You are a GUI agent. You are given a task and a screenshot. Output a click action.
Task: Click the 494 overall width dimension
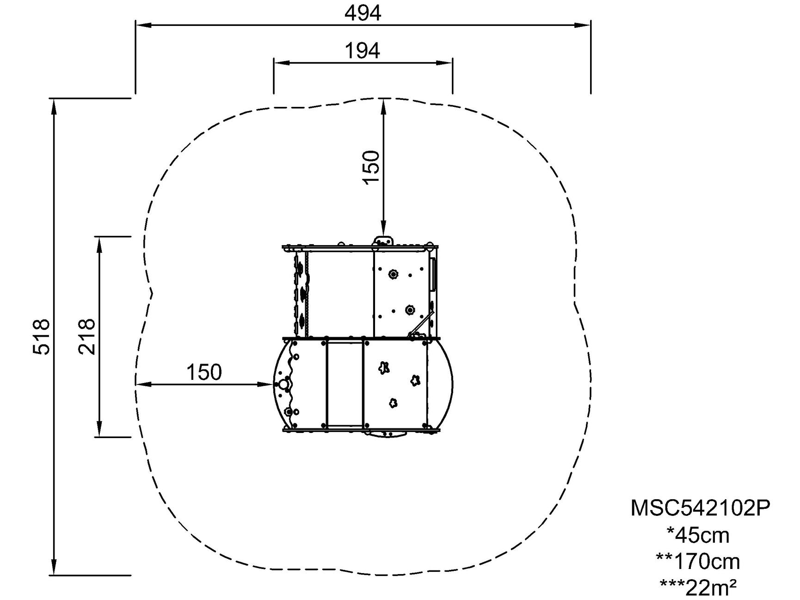363,13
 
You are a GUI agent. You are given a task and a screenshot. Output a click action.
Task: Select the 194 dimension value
363,50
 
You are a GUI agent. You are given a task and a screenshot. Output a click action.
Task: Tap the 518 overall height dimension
42,337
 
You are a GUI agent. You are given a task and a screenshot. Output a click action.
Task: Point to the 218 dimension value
87,337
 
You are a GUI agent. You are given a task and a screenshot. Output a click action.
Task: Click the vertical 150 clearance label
371,167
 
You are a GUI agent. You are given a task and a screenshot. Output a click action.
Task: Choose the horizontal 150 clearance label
204,372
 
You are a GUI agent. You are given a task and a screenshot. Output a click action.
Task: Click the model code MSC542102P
700,508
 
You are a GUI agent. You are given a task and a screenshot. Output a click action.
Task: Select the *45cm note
698,535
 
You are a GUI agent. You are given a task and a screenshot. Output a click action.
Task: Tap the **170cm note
698,562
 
